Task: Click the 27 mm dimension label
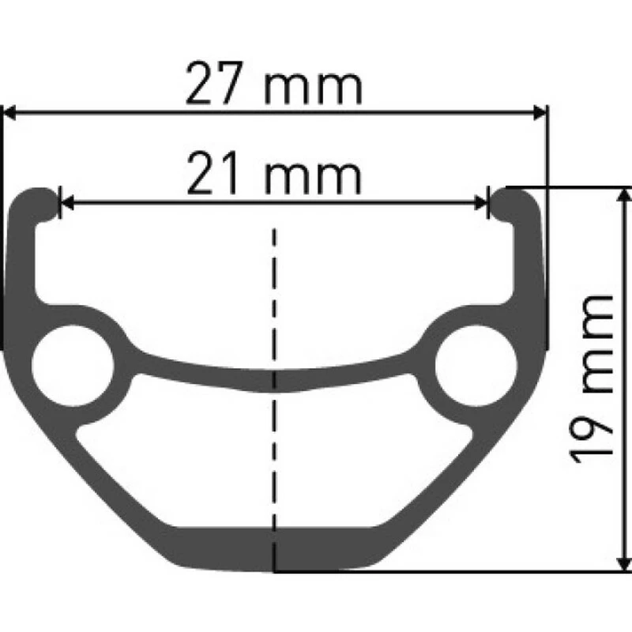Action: (274, 87)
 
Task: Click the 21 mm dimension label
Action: (274, 177)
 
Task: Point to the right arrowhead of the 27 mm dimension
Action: (540, 113)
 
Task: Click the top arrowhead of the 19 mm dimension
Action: (624, 194)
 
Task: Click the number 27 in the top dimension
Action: (213, 87)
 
